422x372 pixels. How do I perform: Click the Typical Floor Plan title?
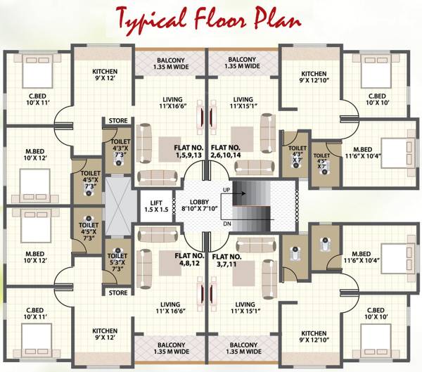coord(210,18)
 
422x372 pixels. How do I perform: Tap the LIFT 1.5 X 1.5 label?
coord(156,206)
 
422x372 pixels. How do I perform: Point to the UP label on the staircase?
coord(226,190)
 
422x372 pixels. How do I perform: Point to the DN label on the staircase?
coord(226,222)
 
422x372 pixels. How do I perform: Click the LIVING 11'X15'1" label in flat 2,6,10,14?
coord(243,103)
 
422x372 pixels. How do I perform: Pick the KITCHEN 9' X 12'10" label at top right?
coord(314,78)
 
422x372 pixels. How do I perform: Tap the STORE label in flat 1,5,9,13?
coord(118,121)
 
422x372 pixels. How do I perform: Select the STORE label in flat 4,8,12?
coord(118,293)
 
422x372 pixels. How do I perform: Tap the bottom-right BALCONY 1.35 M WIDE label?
coord(243,347)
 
